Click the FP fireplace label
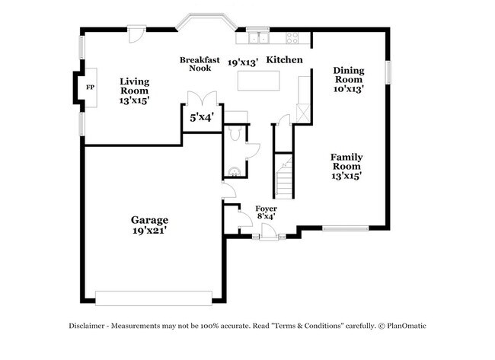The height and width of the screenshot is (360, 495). (90, 88)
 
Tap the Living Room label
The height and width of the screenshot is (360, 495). (134, 90)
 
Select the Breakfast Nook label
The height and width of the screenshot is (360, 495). (200, 63)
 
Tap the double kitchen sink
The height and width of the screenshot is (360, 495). (258, 37)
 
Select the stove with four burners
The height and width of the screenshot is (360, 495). (292, 37)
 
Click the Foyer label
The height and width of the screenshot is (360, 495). (266, 212)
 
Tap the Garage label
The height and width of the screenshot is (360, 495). (148, 225)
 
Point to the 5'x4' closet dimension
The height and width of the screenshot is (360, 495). (202, 117)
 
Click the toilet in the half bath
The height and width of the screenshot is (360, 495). (235, 132)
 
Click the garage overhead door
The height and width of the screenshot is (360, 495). (153, 297)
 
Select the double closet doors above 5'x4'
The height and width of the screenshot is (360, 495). (202, 99)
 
